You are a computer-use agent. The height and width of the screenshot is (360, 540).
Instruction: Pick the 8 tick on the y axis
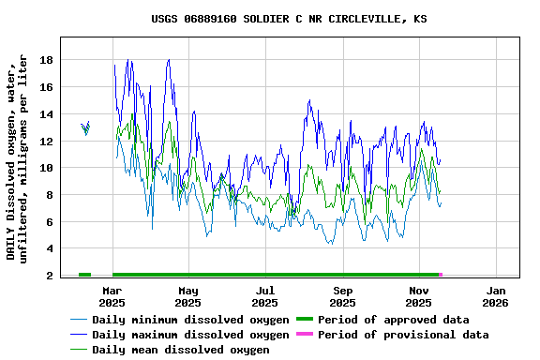click(x=50, y=195)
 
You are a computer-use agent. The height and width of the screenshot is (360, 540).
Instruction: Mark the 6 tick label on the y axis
click(x=50, y=222)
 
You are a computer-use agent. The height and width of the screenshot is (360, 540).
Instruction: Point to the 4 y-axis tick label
click(x=50, y=249)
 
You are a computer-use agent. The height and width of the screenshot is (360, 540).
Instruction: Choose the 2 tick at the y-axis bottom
click(x=50, y=276)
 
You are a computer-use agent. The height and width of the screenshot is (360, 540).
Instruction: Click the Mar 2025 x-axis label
click(x=112, y=296)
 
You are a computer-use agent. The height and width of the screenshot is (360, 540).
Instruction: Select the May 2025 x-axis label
click(x=188, y=296)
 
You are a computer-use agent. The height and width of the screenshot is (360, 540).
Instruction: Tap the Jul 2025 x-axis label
click(x=265, y=296)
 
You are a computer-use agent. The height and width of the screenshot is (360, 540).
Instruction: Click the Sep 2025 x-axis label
click(x=342, y=296)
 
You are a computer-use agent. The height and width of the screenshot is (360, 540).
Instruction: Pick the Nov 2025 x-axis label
click(x=419, y=296)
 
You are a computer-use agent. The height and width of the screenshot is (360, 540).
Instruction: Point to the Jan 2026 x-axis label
click(x=496, y=296)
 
